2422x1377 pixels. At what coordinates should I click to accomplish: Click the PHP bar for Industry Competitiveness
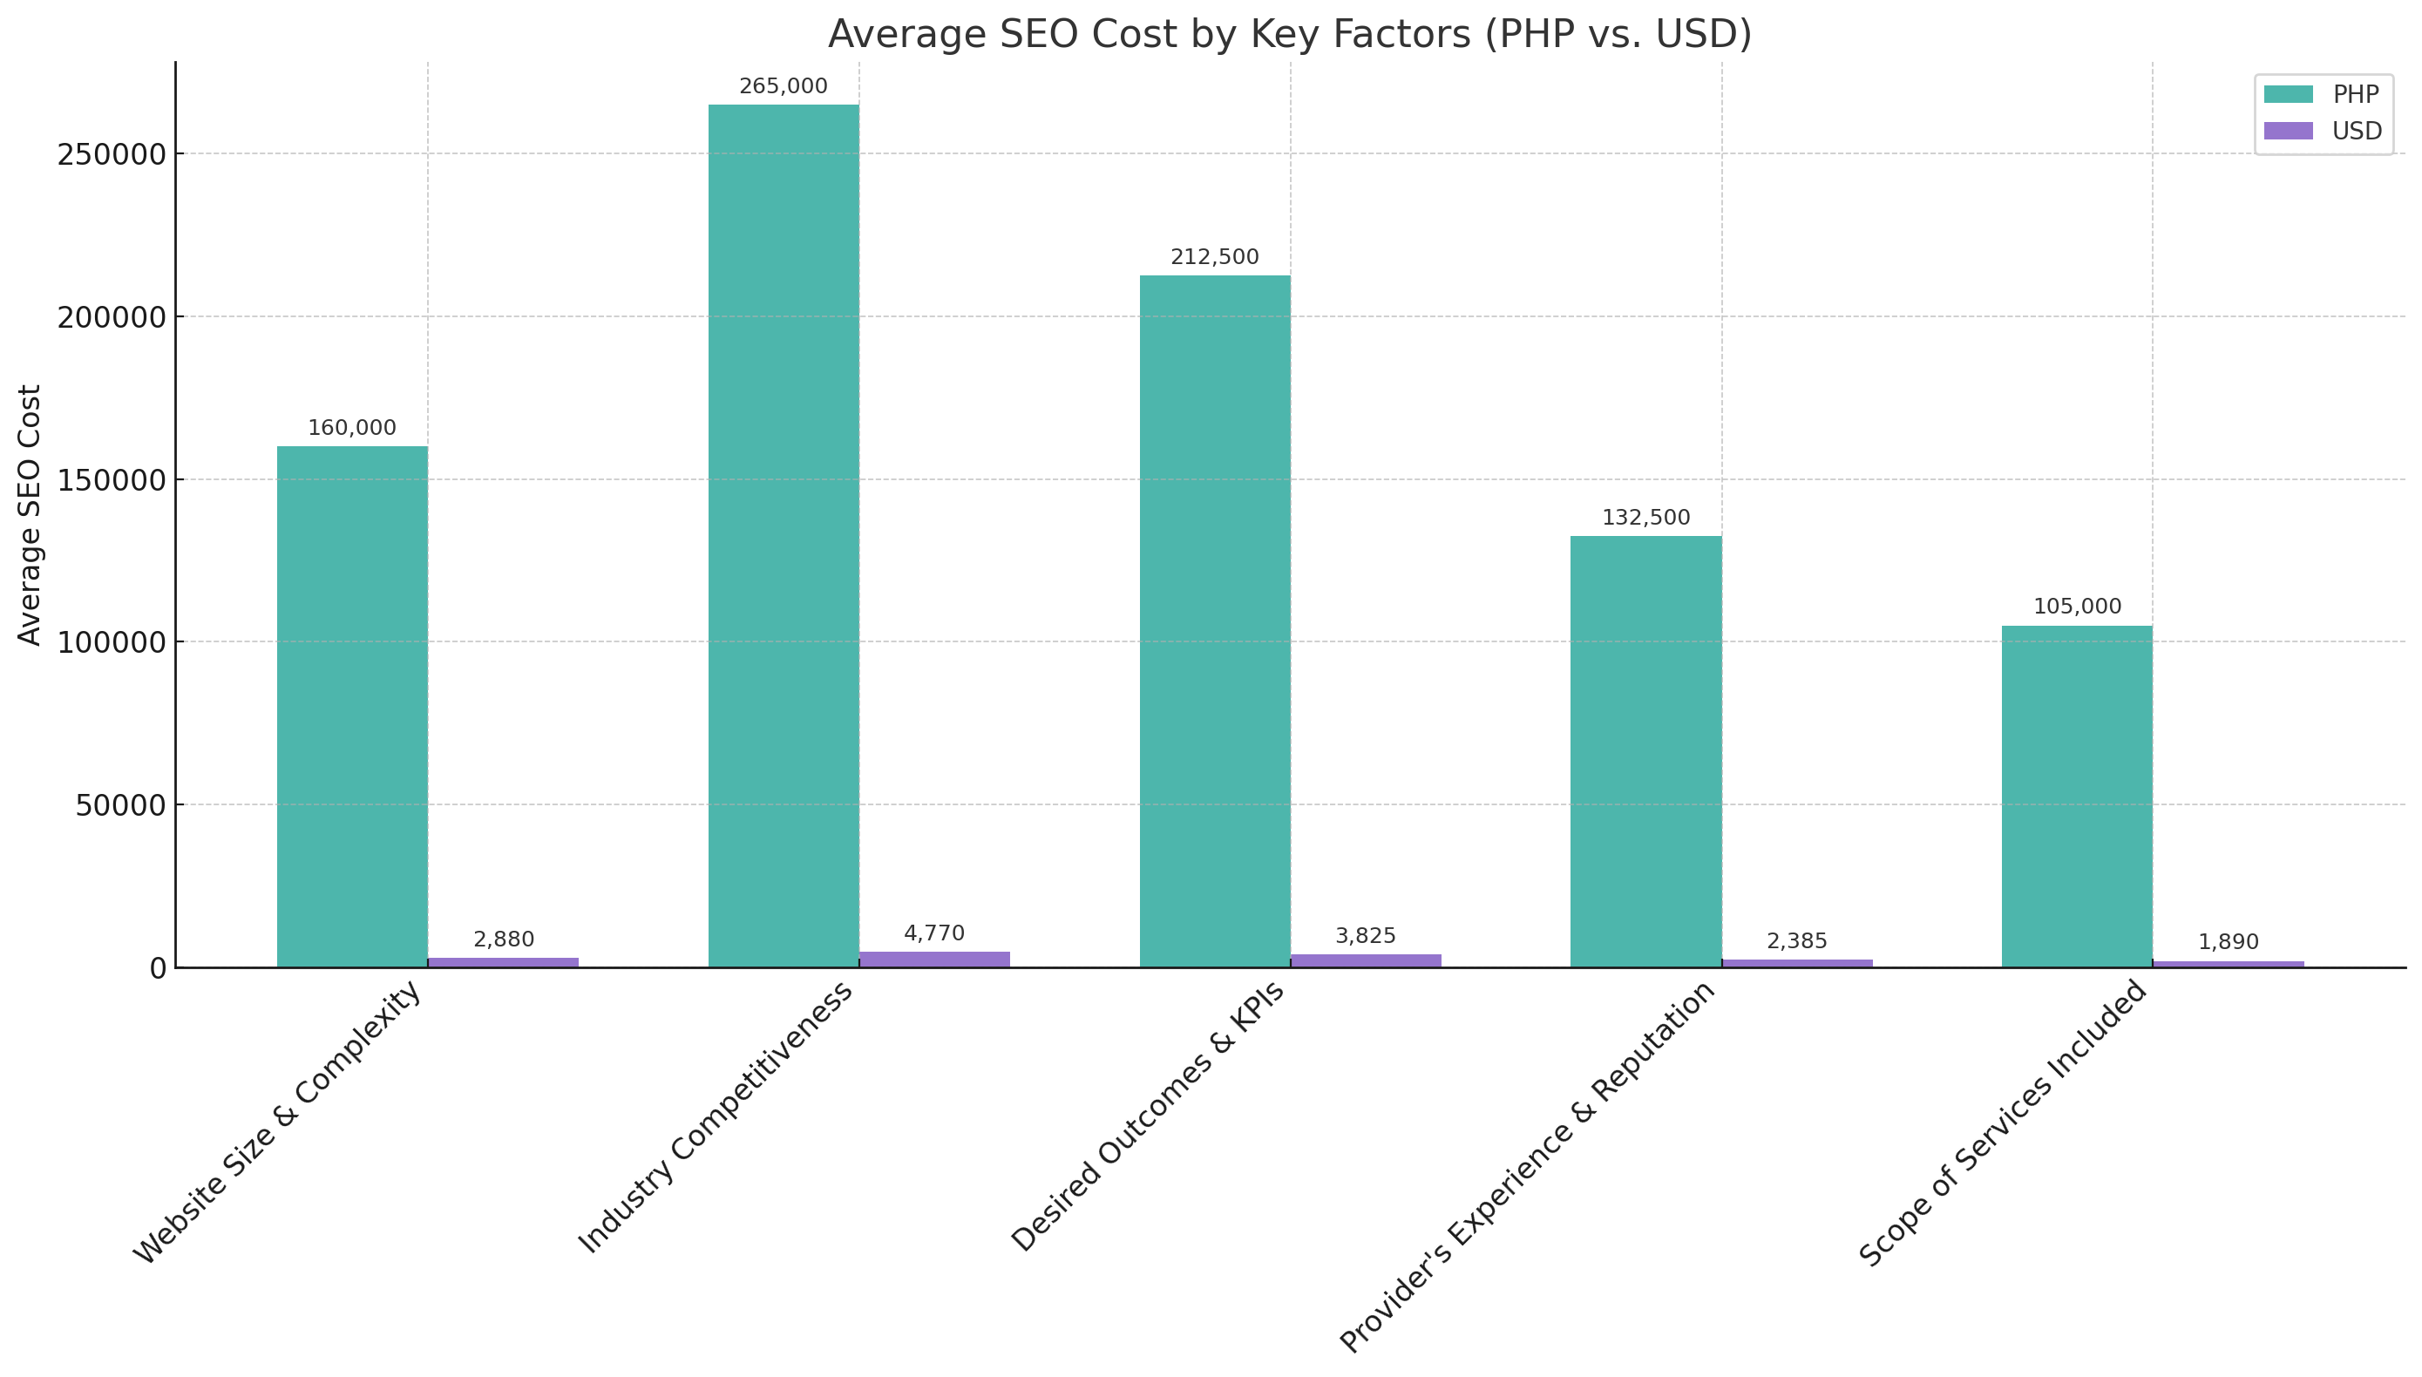(x=783, y=535)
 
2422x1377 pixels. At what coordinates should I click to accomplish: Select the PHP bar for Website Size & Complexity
(x=352, y=707)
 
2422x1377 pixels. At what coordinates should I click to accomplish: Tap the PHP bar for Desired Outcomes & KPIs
(x=1214, y=621)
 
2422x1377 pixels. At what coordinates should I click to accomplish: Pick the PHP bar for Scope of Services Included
(x=2077, y=796)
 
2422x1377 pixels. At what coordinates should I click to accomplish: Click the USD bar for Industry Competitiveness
(x=934, y=959)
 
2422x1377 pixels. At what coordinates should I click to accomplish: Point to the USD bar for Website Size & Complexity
(x=503, y=962)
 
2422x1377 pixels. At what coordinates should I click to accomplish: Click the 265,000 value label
(x=783, y=86)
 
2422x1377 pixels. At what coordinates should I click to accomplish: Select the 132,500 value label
(x=1645, y=518)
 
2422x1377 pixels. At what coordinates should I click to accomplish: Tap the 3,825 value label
(x=1366, y=935)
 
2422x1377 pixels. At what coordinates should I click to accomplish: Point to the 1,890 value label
(x=2229, y=942)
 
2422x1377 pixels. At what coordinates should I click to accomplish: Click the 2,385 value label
(x=1797, y=941)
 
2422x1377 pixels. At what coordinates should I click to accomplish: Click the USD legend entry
(x=2322, y=132)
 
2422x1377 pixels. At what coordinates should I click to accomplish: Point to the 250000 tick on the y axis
(x=112, y=154)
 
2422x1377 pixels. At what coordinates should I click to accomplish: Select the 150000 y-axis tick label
(x=112, y=480)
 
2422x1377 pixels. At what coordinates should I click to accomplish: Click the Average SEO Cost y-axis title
(x=31, y=514)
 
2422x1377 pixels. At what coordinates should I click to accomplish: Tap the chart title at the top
(x=1290, y=34)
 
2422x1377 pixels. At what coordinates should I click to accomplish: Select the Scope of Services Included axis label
(x=2004, y=1123)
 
